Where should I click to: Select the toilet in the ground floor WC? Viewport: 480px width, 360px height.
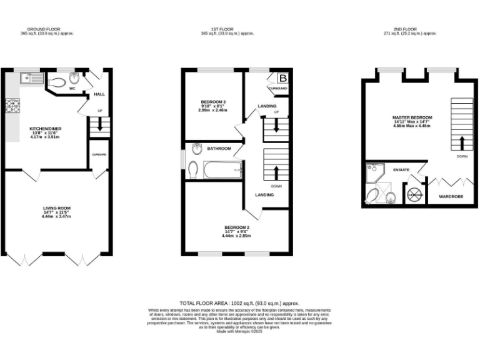[59, 81]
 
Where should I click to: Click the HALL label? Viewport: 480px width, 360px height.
[99, 94]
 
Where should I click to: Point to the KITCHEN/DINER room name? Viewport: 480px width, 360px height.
[45, 129]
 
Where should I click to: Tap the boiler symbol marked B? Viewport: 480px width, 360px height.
[282, 78]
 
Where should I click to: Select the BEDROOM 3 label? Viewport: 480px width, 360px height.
[214, 102]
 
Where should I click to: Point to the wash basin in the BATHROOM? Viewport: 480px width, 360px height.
[197, 148]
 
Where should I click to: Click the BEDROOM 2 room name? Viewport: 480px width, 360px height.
[236, 227]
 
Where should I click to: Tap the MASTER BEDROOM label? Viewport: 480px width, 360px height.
[412, 117]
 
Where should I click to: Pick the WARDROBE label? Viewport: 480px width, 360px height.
[451, 196]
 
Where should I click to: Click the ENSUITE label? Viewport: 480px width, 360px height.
[401, 169]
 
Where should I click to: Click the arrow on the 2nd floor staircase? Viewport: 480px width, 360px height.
[462, 142]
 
